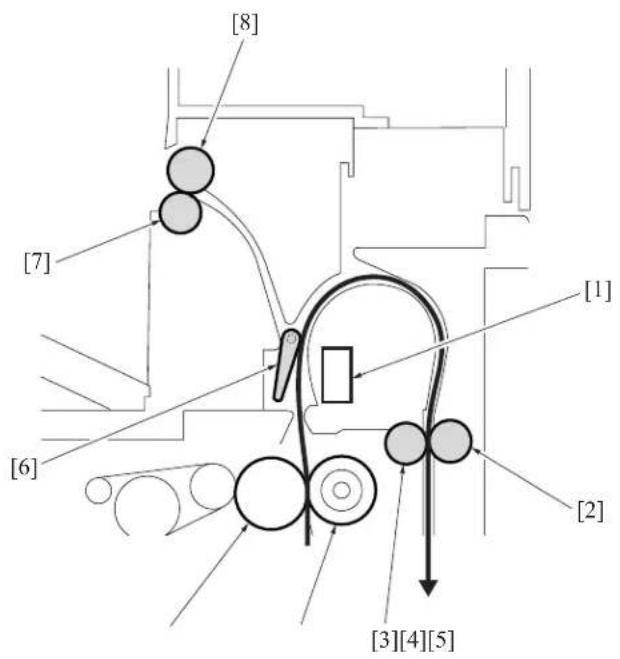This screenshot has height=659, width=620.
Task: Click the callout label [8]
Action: pos(245,24)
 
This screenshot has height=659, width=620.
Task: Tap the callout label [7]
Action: pos(37,263)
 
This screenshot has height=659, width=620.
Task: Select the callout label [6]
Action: pos(24,468)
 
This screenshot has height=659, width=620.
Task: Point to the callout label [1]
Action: pos(598,291)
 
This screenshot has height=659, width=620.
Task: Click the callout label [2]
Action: pos(590,511)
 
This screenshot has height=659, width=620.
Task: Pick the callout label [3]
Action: pos(385,640)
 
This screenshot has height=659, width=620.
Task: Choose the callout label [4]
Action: pos(413,640)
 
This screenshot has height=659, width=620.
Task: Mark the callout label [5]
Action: pos(441,640)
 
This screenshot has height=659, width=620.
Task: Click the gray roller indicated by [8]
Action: pos(190,170)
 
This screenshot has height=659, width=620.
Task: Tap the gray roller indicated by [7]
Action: pos(181,213)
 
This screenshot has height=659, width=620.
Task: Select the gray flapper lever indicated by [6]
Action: pos(285,364)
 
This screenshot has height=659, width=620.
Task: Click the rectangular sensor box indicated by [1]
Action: pos(337,374)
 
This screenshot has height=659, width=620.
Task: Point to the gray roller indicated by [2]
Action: pos(450,441)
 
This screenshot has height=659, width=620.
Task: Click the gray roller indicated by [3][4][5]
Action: pos(406,443)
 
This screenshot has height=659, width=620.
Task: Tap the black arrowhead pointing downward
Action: pos(428,588)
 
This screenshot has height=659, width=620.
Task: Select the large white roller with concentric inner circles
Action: pos(342,490)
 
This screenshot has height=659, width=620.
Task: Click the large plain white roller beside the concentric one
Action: pos(270,493)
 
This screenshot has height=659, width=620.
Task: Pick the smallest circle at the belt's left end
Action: pos(98,490)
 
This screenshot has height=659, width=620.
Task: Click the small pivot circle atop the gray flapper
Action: pos(291,337)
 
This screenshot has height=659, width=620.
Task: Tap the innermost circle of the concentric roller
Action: pos(342,490)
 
